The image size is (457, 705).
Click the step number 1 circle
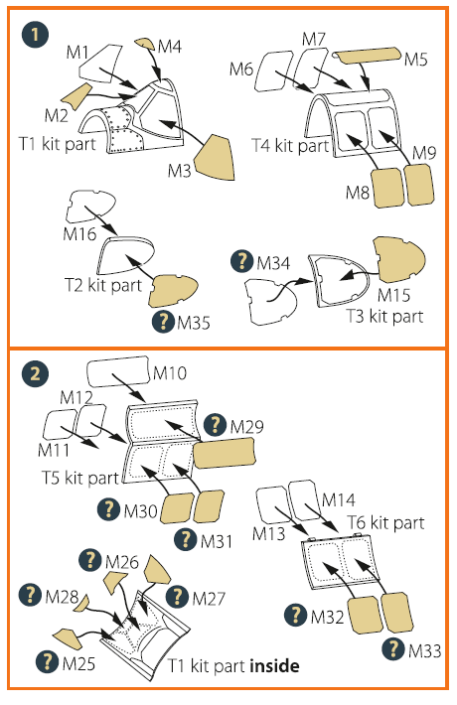pyautogui.click(x=35, y=34)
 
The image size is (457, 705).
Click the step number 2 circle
pyautogui.click(x=35, y=373)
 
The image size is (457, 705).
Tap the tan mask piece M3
pyautogui.click(x=215, y=157)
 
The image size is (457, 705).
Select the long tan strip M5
pyautogui.click(x=369, y=55)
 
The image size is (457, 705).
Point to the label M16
pyautogui.click(x=79, y=233)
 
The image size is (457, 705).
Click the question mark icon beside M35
pyautogui.click(x=163, y=322)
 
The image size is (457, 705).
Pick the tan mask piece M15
pyautogui.click(x=399, y=260)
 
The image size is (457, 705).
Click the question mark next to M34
pyautogui.click(x=241, y=261)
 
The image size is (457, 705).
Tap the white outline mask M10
pyautogui.click(x=118, y=371)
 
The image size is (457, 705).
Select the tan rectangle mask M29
pyautogui.click(x=225, y=453)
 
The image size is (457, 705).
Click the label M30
pyautogui.click(x=140, y=510)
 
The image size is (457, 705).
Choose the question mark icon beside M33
pyautogui.click(x=393, y=648)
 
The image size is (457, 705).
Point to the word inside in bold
pyautogui.click(x=274, y=665)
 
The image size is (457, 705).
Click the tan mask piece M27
pyautogui.click(x=156, y=570)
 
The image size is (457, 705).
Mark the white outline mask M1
pyautogui.click(x=100, y=64)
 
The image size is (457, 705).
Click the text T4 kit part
pyautogui.click(x=290, y=146)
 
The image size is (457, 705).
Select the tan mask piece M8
pyautogui.click(x=388, y=188)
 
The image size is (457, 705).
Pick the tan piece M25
pyautogui.click(x=68, y=638)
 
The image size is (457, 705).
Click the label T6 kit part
pyautogui.click(x=385, y=522)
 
